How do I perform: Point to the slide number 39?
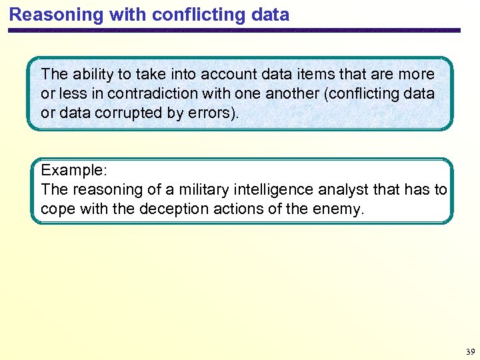(470, 351)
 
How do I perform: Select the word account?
(225, 75)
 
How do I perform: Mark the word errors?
(209, 113)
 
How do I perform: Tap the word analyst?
(319, 190)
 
